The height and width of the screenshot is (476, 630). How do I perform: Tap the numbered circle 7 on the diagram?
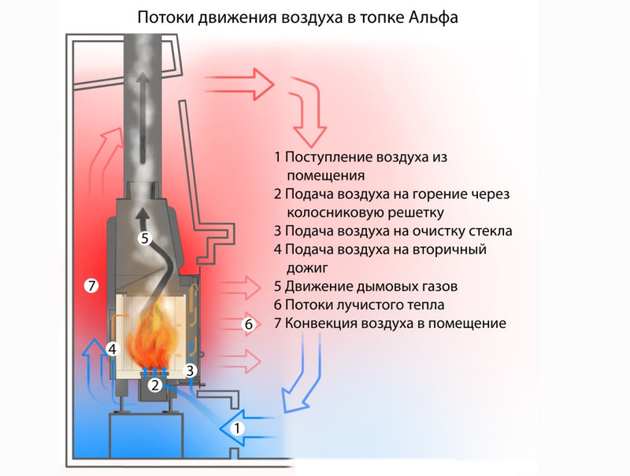[x=91, y=286]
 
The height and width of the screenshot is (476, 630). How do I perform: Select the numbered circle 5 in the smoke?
[x=143, y=238]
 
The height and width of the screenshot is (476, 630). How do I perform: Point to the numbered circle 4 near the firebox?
[x=113, y=348]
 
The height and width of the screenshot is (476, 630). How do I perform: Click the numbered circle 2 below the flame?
[x=156, y=385]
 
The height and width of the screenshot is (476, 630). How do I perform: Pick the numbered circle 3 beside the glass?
[x=189, y=369]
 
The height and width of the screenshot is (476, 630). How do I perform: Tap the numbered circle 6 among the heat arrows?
[x=248, y=323]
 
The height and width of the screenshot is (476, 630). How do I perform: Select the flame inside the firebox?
[x=154, y=338]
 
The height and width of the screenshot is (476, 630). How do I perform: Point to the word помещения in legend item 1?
[x=321, y=175]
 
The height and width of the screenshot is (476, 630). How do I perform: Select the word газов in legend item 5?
[x=437, y=286]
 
